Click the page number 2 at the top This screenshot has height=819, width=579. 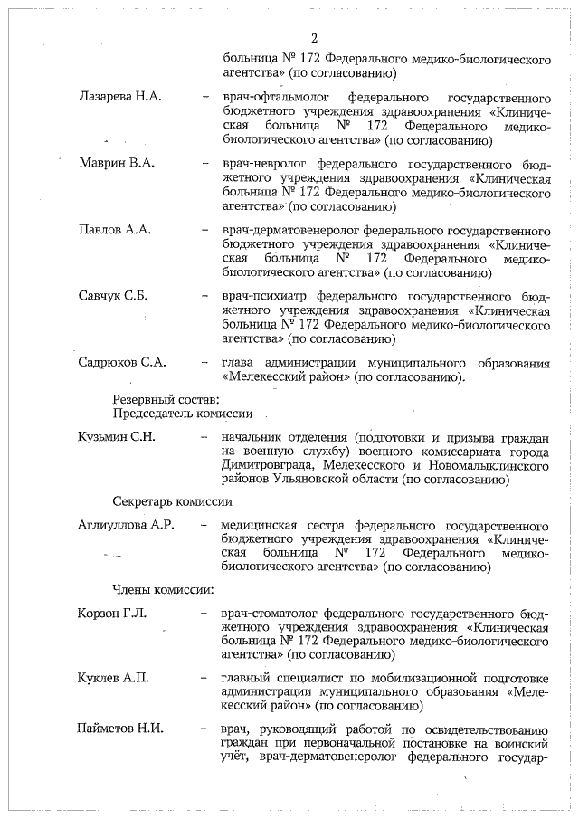click(x=314, y=38)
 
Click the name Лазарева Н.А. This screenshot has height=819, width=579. click(x=121, y=95)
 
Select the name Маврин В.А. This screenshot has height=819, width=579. click(x=117, y=163)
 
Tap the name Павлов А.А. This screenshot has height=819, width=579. click(x=115, y=230)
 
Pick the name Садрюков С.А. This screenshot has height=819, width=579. click(x=123, y=363)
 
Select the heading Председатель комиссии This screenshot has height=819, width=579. click(x=182, y=414)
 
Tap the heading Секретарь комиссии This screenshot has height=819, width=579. click(x=173, y=500)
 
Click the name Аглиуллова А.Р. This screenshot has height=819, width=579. click(x=127, y=525)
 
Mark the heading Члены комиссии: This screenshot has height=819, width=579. click(x=163, y=590)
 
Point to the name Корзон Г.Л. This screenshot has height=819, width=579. click(x=112, y=614)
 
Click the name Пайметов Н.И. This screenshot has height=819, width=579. click(x=121, y=729)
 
